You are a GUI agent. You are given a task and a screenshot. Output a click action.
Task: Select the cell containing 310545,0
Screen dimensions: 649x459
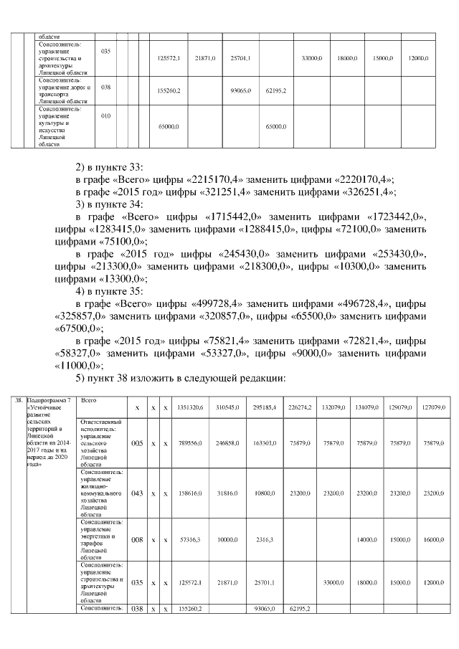pyautogui.click(x=227, y=407)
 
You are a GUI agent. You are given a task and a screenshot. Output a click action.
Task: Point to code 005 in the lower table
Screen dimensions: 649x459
pyautogui.click(x=137, y=443)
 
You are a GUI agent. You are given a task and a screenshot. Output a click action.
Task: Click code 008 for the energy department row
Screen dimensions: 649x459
pyautogui.click(x=137, y=542)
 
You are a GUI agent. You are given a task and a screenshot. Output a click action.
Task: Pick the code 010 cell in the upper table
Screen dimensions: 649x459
pyautogui.click(x=106, y=115)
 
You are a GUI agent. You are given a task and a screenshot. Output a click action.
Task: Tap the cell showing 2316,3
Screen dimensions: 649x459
pyautogui.click(x=255, y=542)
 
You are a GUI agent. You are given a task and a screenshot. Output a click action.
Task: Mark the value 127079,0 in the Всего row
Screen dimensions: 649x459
pyautogui.click(x=430, y=407)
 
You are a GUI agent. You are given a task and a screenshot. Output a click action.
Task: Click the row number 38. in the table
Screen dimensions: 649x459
pyautogui.click(x=19, y=399)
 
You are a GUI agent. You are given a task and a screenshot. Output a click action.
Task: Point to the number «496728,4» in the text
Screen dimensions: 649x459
pyautogui.click(x=324, y=301)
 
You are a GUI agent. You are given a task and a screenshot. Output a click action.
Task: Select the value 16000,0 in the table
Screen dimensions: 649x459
pyautogui.click(x=430, y=542)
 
